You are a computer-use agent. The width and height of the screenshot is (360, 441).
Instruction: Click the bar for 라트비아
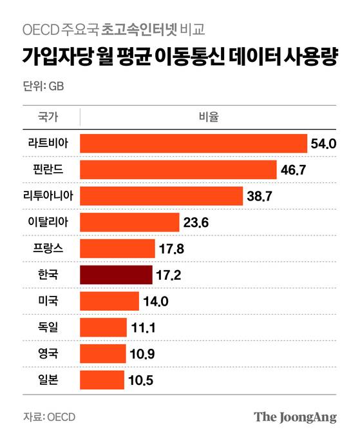point(193,143)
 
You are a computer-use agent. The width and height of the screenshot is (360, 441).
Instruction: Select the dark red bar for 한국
point(116,275)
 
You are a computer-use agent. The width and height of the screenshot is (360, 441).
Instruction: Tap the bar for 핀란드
point(177,170)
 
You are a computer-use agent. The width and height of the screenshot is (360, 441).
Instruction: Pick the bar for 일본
point(102,380)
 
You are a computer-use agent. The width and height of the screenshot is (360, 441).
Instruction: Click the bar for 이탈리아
point(129,222)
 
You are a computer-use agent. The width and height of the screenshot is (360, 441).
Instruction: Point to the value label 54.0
point(324,144)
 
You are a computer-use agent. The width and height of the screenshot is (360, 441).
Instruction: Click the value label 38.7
point(260,196)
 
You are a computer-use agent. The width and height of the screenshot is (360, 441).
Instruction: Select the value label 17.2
point(169,275)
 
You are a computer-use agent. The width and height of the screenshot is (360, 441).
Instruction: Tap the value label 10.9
point(142,354)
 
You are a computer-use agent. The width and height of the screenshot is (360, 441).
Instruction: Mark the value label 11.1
point(143,328)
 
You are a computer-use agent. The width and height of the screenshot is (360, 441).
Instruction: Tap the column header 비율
point(208,117)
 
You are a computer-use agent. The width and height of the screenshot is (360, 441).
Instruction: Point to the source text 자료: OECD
point(49,416)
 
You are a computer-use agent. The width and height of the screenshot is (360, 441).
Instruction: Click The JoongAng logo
point(295,416)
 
